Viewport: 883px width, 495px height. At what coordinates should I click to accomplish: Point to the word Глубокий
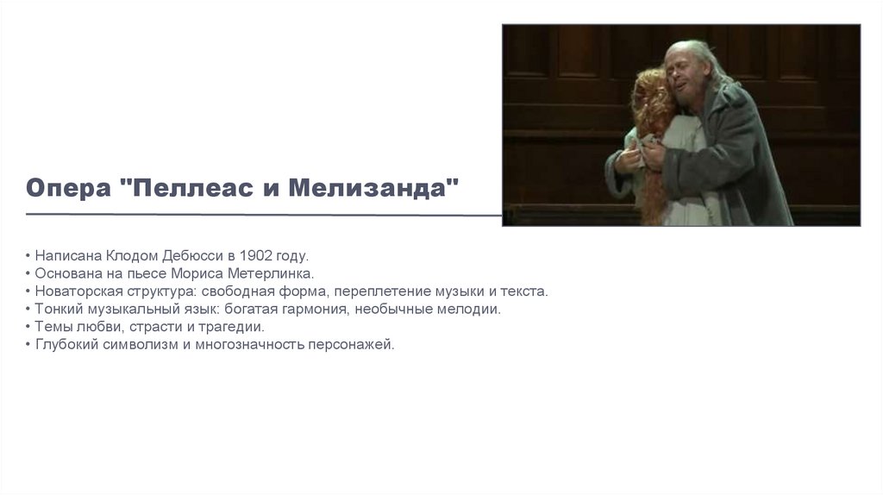tap(63, 344)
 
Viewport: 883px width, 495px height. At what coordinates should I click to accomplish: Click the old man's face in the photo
tap(691, 72)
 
